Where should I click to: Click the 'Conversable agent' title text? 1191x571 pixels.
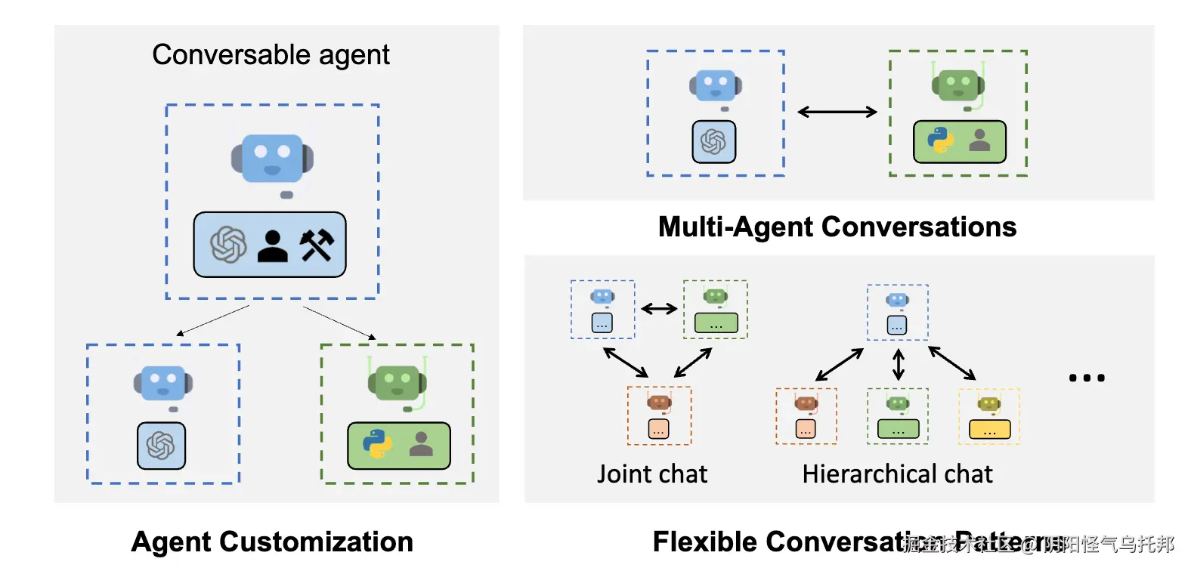tap(271, 54)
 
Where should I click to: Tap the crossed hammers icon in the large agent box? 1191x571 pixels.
tap(317, 245)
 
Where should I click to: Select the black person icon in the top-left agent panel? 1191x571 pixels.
tap(273, 245)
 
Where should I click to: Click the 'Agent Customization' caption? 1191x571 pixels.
tap(272, 542)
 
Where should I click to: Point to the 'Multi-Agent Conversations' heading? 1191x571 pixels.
tap(837, 227)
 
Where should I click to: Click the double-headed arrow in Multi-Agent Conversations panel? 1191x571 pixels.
tap(837, 112)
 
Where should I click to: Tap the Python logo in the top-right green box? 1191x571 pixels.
tap(940, 140)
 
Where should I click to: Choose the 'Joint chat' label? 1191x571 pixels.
tap(652, 474)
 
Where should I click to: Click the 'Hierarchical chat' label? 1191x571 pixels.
tap(897, 474)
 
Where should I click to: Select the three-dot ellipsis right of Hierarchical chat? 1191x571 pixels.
tap(1087, 378)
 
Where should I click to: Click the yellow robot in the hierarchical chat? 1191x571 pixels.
tap(989, 404)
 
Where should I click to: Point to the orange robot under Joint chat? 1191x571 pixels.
tap(659, 402)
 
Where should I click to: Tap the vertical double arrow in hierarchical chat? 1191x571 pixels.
tap(898, 365)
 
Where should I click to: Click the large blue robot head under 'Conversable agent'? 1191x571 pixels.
tap(272, 159)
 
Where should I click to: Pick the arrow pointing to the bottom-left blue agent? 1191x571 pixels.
tap(212, 320)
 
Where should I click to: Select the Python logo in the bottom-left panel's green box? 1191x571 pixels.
tap(377, 444)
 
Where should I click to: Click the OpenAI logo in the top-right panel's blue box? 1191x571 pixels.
tap(713, 141)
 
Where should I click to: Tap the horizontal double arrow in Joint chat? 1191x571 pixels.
tap(659, 308)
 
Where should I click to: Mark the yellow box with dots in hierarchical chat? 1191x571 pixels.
tap(989, 430)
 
